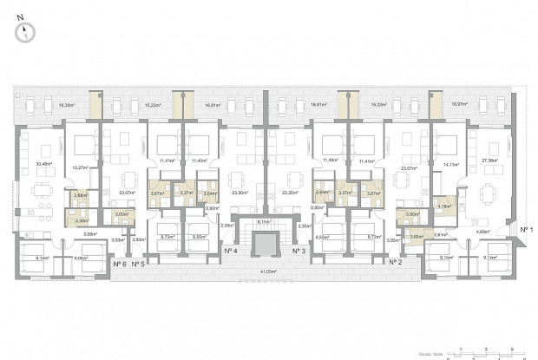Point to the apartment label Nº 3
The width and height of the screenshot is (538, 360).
[x=298, y=251]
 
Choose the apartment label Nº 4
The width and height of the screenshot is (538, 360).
[x=231, y=251]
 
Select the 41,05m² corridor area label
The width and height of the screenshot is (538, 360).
[x=265, y=272]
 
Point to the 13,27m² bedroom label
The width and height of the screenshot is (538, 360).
[x=82, y=167]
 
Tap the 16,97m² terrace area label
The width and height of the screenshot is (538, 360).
[x=458, y=104]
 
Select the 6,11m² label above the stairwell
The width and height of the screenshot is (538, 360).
[x=265, y=221]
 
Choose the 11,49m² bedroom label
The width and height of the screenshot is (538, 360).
[x=329, y=160]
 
